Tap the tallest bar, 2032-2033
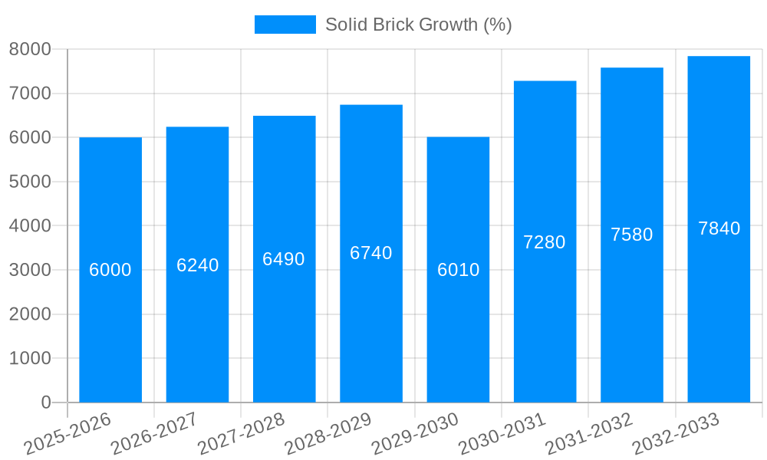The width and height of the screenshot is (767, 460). point(719,322)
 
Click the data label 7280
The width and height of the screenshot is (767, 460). point(545,242)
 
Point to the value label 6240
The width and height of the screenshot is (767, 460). point(197,265)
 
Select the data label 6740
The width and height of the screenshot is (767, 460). point(371,253)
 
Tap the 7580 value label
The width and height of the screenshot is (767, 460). point(631,235)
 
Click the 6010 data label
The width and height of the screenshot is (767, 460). point(458,270)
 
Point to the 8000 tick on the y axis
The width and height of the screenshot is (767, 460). point(30,49)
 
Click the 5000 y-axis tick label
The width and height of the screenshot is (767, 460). point(30,182)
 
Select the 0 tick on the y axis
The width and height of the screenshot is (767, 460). point(45,402)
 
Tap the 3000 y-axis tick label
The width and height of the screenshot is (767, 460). point(30,270)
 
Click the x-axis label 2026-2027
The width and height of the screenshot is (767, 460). point(154,433)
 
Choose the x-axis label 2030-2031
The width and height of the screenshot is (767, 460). point(502,433)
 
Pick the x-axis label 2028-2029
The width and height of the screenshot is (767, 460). point(328,433)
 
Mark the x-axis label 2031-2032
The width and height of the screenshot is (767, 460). point(588,433)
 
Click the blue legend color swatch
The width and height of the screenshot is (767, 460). point(285,25)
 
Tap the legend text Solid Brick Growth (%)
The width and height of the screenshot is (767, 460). point(418,25)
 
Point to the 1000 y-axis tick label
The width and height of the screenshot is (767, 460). point(30,358)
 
